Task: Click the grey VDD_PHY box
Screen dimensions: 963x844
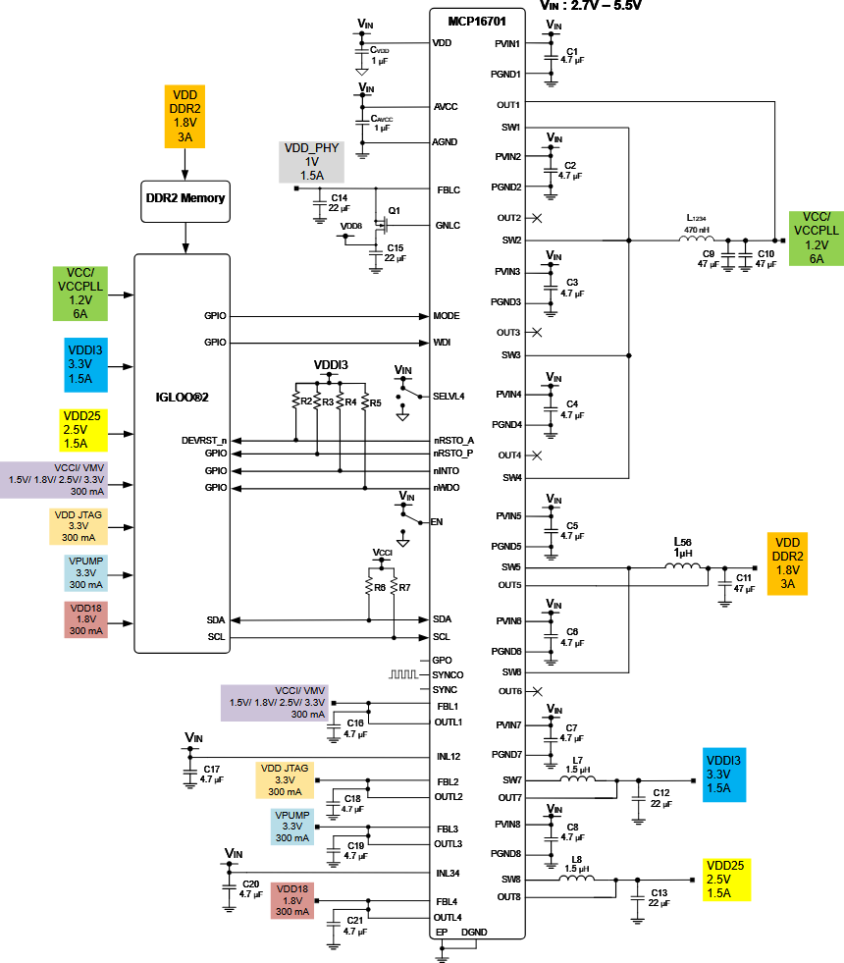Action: pos(311,162)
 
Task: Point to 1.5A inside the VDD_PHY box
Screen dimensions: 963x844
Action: pos(311,175)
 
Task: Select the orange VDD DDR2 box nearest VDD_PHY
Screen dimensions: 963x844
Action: pos(185,117)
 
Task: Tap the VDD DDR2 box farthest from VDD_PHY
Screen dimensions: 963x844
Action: pos(787,563)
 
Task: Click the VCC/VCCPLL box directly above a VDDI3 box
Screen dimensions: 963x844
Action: pos(79,294)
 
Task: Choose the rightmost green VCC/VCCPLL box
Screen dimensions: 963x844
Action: pos(816,238)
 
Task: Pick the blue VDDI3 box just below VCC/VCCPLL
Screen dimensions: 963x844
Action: pos(85,365)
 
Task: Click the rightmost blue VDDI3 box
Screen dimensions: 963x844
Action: pos(724,775)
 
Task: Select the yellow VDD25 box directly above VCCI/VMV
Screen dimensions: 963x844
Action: pos(82,430)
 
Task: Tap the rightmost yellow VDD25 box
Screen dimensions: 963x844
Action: pos(726,880)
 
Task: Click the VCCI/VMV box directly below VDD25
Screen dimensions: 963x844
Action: pos(54,480)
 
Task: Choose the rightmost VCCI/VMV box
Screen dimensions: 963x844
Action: pos(274,703)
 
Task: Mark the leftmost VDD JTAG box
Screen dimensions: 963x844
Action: pos(79,526)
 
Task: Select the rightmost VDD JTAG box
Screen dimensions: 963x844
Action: pos(285,780)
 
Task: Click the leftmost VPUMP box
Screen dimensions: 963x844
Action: pos(85,573)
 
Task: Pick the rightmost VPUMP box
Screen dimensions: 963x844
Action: pos(291,827)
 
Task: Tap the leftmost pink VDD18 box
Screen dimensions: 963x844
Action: pos(85,619)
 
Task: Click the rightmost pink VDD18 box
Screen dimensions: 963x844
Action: pos(291,900)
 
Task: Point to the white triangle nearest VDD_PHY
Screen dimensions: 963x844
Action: pos(361,72)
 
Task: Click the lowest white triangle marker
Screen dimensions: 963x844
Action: pos(402,543)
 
